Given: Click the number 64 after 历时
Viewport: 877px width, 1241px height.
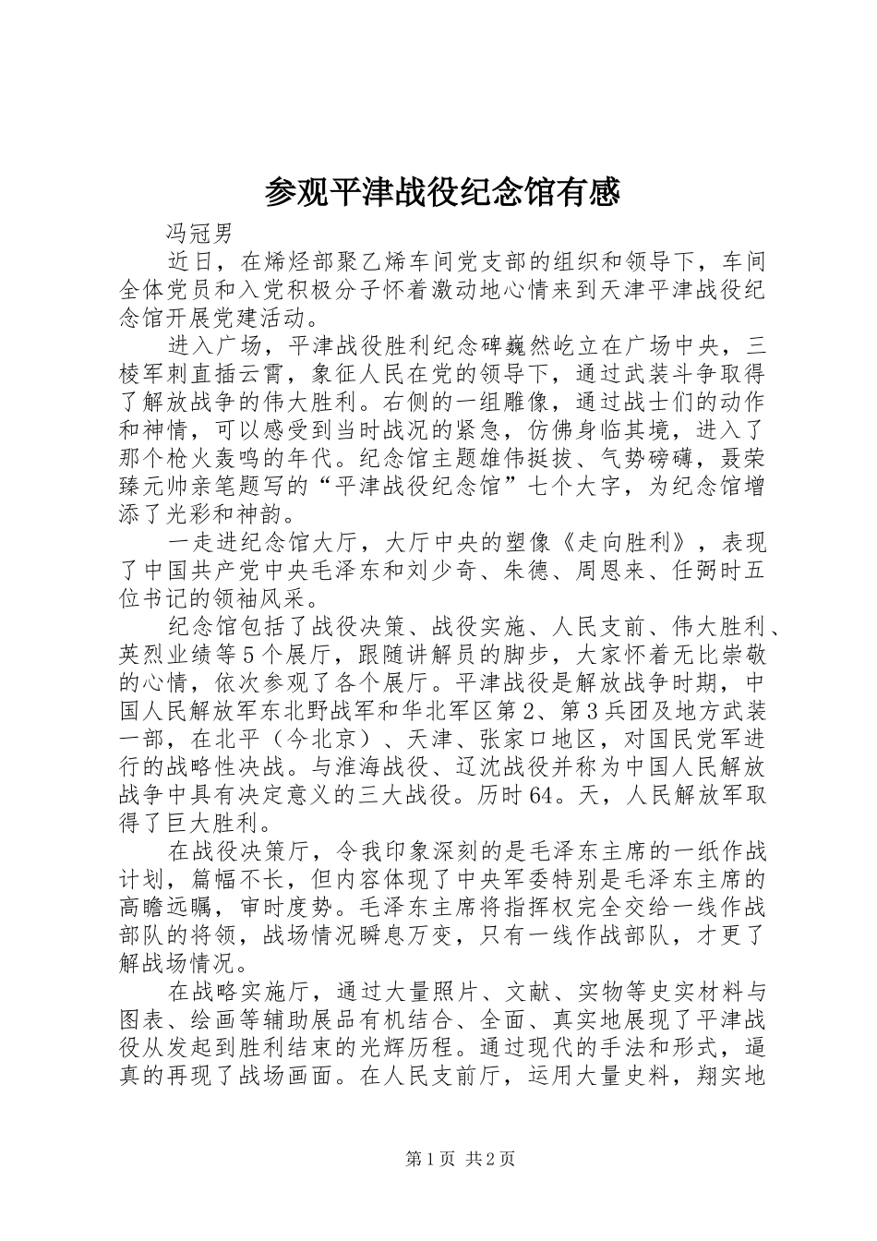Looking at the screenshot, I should pyautogui.click(x=541, y=795).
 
